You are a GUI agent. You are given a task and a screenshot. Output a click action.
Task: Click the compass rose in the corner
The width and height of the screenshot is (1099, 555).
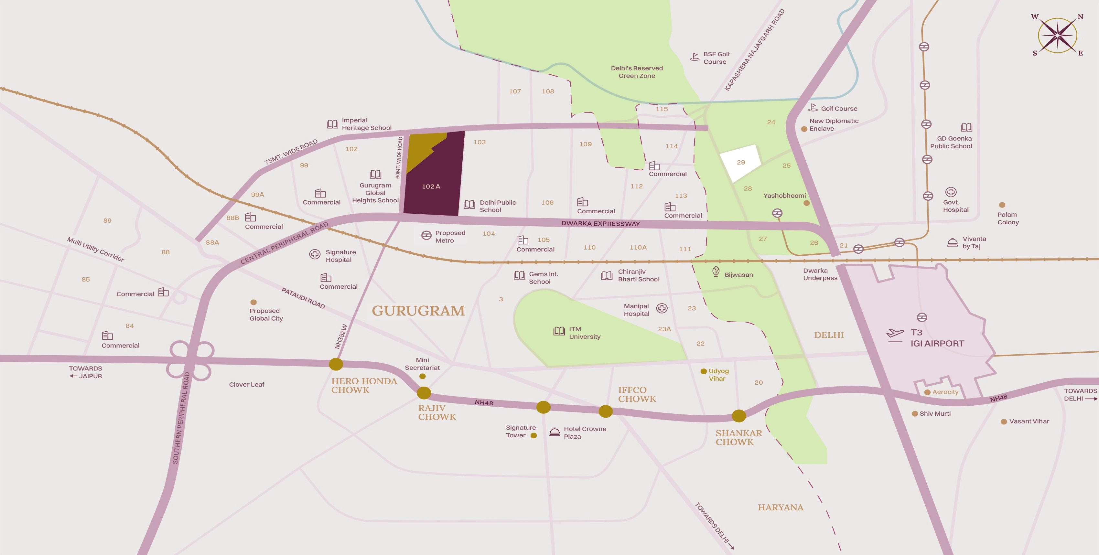pyautogui.click(x=1058, y=35)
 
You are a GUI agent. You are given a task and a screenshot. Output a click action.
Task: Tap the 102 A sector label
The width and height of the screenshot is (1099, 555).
pyautogui.click(x=431, y=187)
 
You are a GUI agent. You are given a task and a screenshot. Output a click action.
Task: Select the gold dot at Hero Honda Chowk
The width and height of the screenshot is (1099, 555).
pyautogui.click(x=336, y=364)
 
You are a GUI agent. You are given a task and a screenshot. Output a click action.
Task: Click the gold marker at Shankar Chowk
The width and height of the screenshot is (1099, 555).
pyautogui.click(x=738, y=415)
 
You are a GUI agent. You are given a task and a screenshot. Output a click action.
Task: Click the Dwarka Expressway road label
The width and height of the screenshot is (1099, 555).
pyautogui.click(x=600, y=224)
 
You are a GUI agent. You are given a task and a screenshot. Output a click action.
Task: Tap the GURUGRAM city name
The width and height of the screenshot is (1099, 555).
pyautogui.click(x=418, y=311)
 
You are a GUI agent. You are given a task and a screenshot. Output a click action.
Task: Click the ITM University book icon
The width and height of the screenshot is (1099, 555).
pyautogui.click(x=559, y=331)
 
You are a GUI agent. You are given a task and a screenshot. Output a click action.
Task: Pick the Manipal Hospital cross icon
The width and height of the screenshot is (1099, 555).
pyautogui.click(x=662, y=308)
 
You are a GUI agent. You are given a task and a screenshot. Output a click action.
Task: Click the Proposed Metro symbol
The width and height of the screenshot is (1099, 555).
pyautogui.click(x=426, y=236)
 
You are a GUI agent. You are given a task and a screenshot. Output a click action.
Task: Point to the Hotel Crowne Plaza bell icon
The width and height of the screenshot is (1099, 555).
pyautogui.click(x=554, y=432)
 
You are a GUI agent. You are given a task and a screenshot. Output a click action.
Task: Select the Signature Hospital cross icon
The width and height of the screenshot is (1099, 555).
pyautogui.click(x=314, y=254)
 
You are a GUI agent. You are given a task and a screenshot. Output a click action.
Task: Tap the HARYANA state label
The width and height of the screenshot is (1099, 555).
pyautogui.click(x=780, y=507)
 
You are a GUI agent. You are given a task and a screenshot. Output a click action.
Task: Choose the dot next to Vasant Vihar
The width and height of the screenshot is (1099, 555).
pyautogui.click(x=1003, y=422)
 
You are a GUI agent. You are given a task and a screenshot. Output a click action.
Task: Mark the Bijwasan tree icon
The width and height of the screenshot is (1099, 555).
pyautogui.click(x=716, y=272)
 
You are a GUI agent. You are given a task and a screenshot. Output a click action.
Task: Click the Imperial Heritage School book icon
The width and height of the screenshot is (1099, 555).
pyautogui.click(x=332, y=124)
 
